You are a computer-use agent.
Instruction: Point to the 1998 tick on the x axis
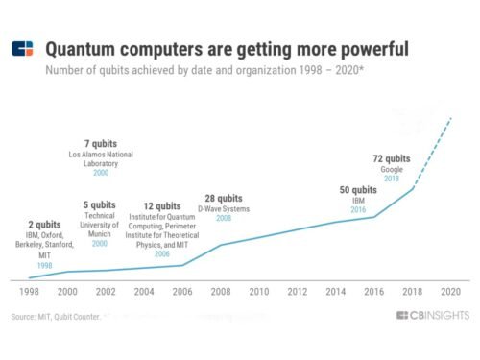point(29,289)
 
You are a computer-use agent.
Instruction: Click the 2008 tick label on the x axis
point(221,289)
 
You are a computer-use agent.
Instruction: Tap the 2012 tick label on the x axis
point(298,289)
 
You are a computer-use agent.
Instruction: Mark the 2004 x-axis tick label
point(144,289)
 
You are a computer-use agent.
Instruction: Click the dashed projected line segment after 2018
point(433,151)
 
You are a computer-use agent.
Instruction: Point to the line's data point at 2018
point(413,188)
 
